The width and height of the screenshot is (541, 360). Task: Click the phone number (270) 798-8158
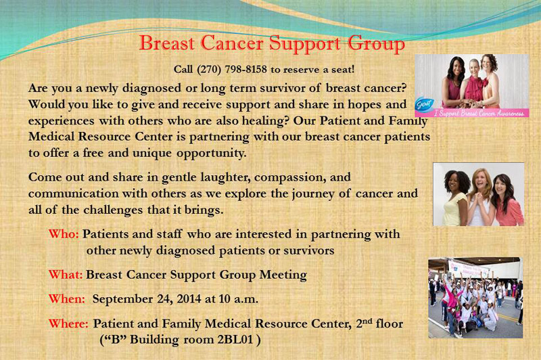pyautogui.click(x=231, y=70)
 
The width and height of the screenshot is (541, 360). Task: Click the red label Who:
pyautogui.click(x=64, y=234)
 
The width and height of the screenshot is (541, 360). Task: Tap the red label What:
pyautogui.click(x=66, y=275)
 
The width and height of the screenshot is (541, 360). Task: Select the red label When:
pyautogui.click(x=66, y=299)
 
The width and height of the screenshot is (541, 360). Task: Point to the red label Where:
pyautogui.click(x=68, y=323)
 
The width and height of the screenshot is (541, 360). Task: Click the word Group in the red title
pyautogui.click(x=376, y=45)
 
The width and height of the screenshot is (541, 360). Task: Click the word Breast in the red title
pyautogui.click(x=166, y=43)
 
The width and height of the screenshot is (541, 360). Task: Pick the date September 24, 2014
pyautogui.click(x=147, y=299)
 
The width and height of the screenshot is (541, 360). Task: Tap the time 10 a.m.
pyautogui.click(x=239, y=299)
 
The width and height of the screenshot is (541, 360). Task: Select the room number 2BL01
pyautogui.click(x=235, y=340)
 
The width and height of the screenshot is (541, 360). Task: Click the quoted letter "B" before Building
pyautogui.click(x=114, y=340)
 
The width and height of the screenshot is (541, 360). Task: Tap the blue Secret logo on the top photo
pyautogui.click(x=425, y=104)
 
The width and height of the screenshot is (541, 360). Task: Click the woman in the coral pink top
pyautogui.click(x=507, y=201)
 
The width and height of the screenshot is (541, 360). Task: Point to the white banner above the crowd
pyautogui.click(x=469, y=269)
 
